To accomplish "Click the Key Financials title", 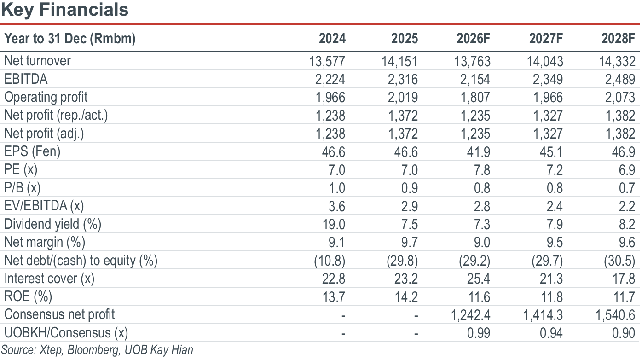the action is (x=65, y=10).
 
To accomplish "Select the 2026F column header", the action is (x=473, y=38).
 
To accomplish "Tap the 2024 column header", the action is (x=332, y=38).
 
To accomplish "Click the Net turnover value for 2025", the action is (x=399, y=61).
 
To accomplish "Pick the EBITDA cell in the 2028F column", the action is (x=620, y=79).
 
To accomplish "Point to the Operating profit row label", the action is (x=46, y=97).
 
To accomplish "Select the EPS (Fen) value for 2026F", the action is (x=478, y=152).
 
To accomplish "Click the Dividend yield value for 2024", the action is (x=334, y=224).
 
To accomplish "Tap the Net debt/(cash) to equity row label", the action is (x=81, y=261).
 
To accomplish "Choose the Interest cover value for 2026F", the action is (x=478, y=279).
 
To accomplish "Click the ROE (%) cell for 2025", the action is (x=406, y=296).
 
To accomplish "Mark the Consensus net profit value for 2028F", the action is (x=615, y=315).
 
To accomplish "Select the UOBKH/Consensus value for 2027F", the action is (x=551, y=333).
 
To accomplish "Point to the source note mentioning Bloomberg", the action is (x=97, y=350).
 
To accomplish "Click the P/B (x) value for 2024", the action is (x=337, y=188).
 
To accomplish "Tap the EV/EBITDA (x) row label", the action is (x=44, y=206).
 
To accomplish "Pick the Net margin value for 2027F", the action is (x=554, y=243).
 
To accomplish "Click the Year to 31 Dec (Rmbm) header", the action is (x=69, y=38).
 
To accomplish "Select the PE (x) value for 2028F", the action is (x=627, y=170).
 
